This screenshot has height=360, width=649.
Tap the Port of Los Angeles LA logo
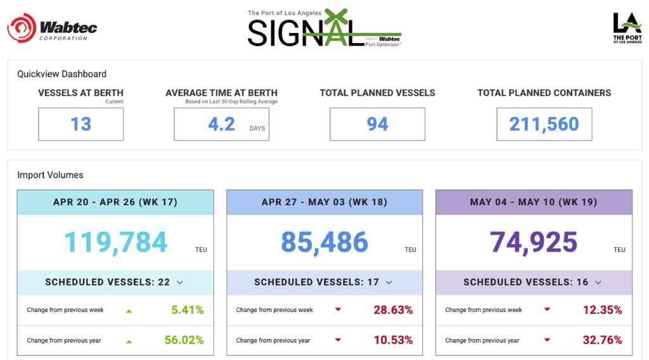point(627,29)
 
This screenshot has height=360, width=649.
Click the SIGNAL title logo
point(324,29)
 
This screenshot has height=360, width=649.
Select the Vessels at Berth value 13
point(80,124)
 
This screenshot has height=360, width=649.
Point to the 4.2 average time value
point(222,124)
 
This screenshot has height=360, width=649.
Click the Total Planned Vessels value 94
point(377,124)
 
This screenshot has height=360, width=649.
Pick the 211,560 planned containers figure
point(544,124)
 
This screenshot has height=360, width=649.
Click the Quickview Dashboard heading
point(61,74)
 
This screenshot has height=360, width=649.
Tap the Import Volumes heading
point(50,175)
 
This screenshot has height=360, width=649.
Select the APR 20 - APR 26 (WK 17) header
point(115,202)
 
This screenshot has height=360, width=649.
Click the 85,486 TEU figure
point(324,242)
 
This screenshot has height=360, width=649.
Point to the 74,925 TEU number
point(534,242)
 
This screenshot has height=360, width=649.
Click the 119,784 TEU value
point(115,242)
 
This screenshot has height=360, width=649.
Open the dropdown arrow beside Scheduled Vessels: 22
point(180,283)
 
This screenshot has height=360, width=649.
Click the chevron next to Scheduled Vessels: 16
point(598,283)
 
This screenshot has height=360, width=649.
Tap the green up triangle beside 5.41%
point(129,311)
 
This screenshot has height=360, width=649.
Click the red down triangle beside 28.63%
point(338,310)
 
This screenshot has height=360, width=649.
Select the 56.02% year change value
point(184,340)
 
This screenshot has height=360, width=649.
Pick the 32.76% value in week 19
point(602,340)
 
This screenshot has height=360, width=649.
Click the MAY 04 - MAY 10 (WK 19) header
point(534,202)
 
